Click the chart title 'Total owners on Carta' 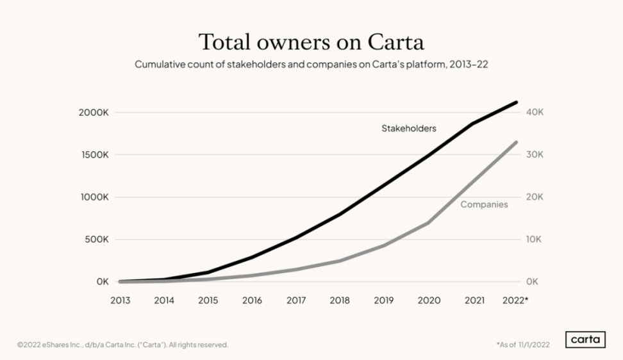pyautogui.click(x=311, y=42)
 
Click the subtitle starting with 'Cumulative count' pyautogui.click(x=311, y=65)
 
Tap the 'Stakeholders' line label pyautogui.click(x=408, y=128)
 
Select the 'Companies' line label pyautogui.click(x=484, y=204)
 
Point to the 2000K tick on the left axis pyautogui.click(x=94, y=112)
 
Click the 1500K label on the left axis pyautogui.click(x=94, y=154)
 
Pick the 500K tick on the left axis pyautogui.click(x=96, y=240)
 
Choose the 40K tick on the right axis pyautogui.click(x=535, y=112)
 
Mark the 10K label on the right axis pyautogui.click(x=535, y=240)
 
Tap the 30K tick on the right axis pyautogui.click(x=535, y=154)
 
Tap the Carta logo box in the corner pyautogui.click(x=585, y=340)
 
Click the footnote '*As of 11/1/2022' pyautogui.click(x=524, y=345)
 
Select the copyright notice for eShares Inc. pyautogui.click(x=122, y=345)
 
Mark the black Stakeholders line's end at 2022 pyautogui.click(x=517, y=102)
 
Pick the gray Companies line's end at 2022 pyautogui.click(x=517, y=142)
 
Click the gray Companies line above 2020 pyautogui.click(x=428, y=223)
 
